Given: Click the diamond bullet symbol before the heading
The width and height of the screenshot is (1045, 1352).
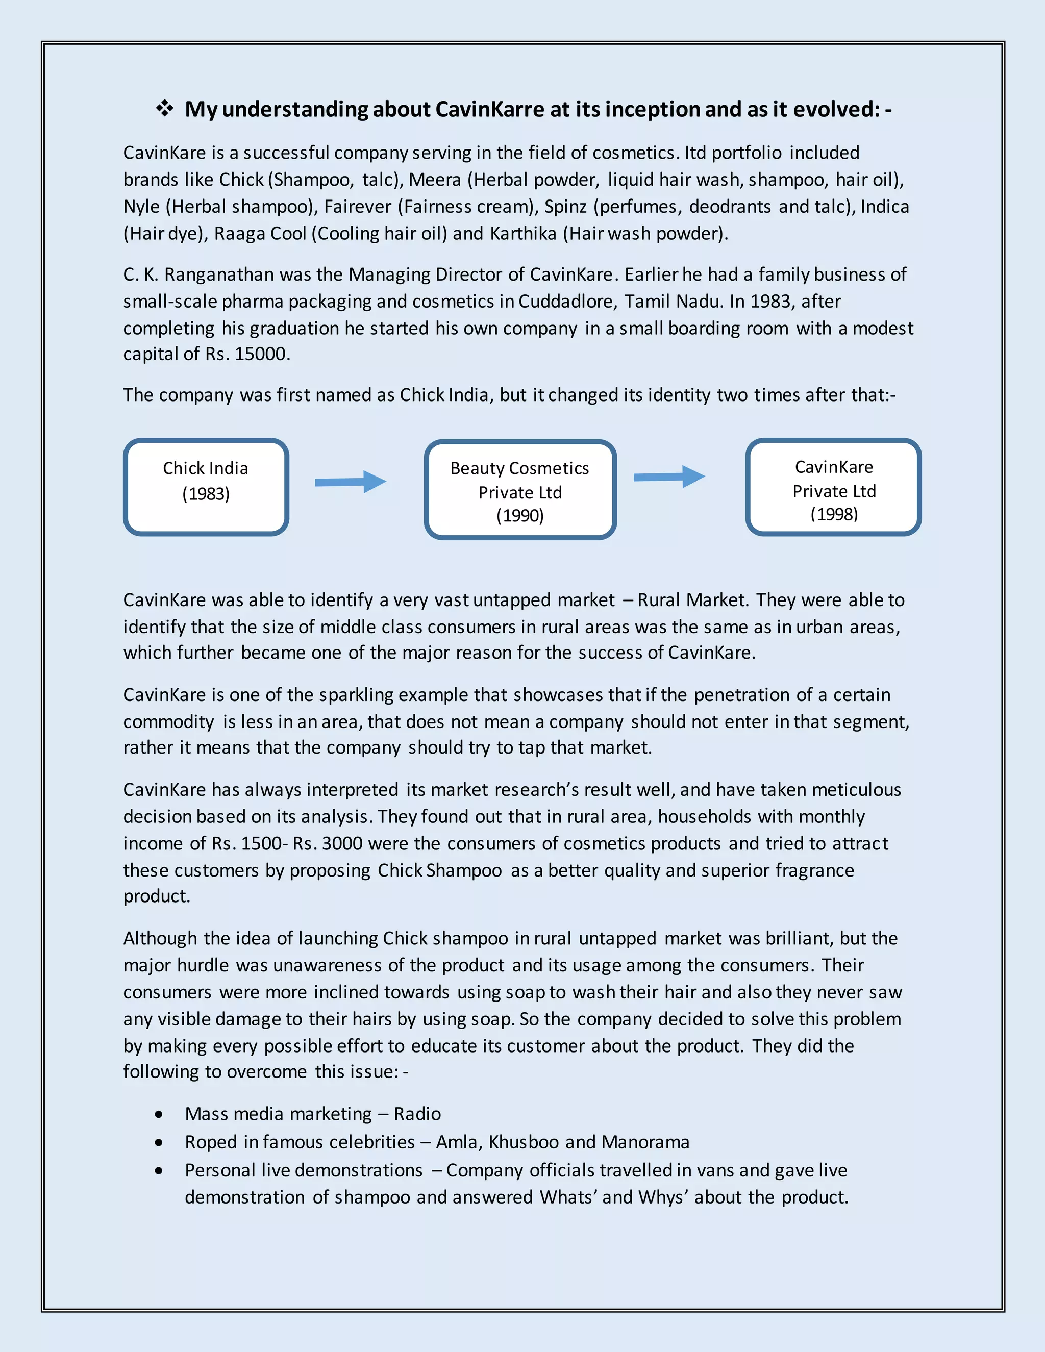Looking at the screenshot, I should pyautogui.click(x=164, y=109).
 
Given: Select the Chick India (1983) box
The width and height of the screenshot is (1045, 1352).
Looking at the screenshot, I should pyautogui.click(x=206, y=487).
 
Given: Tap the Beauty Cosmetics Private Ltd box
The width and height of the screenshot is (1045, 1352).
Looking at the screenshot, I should pyautogui.click(x=520, y=489).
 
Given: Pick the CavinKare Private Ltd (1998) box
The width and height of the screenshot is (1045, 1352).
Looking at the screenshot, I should pyautogui.click(x=833, y=487).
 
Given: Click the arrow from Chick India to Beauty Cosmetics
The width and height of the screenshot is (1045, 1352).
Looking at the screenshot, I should pyautogui.click(x=351, y=482).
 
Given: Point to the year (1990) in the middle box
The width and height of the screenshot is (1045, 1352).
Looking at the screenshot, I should pyautogui.click(x=520, y=516).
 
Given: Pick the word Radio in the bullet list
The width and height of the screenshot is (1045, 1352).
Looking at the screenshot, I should pyautogui.click(x=417, y=1114).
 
